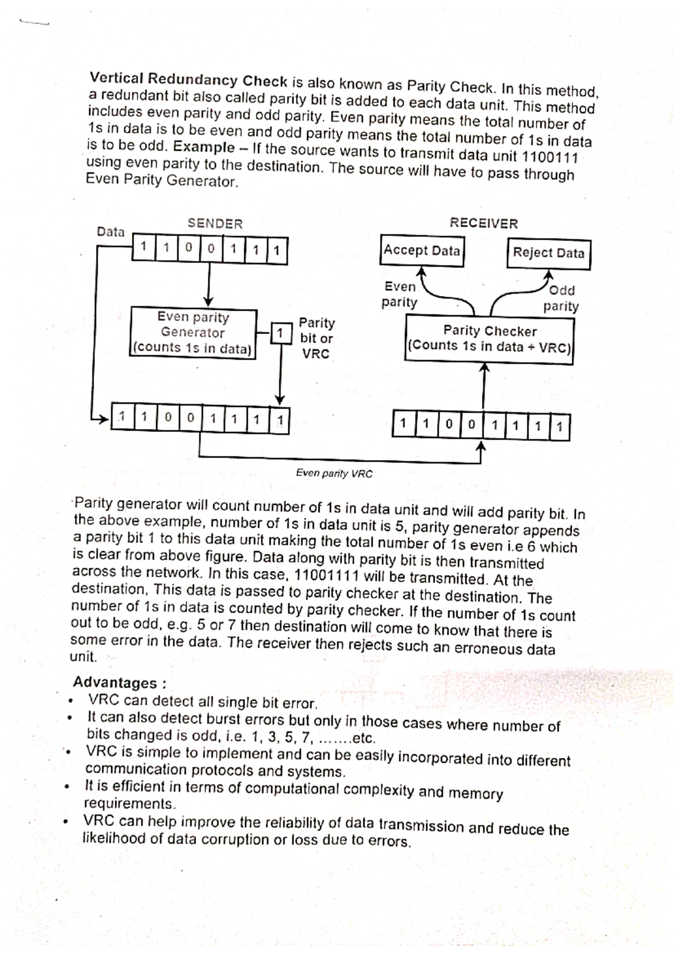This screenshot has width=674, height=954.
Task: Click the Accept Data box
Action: [x=422, y=251]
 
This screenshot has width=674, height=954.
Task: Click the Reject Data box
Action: [x=549, y=253]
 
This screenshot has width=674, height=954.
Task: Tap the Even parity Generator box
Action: [x=193, y=333]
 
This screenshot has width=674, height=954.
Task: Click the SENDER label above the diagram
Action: [x=215, y=224]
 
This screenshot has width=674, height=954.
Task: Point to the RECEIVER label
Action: [x=484, y=223]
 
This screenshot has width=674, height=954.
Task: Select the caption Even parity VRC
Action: [x=334, y=473]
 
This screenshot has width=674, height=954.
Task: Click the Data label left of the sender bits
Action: [x=111, y=231]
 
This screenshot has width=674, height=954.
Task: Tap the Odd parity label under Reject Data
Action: [x=561, y=298]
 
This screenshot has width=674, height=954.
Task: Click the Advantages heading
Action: [x=119, y=683]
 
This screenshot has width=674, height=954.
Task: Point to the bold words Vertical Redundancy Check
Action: [x=189, y=79]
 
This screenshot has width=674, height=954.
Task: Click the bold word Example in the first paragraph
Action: [x=204, y=148]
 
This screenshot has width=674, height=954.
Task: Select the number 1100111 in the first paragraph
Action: [x=550, y=157]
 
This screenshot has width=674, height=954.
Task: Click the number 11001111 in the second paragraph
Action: [x=326, y=576]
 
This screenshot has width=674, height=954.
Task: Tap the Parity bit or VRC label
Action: [x=316, y=338]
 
